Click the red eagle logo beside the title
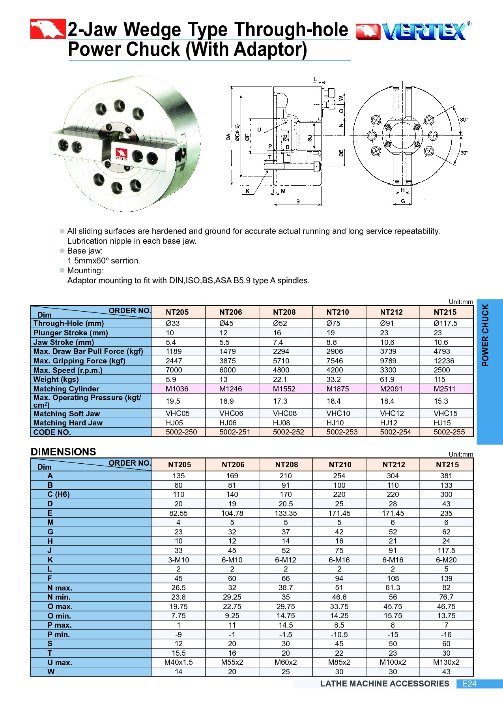[48, 29]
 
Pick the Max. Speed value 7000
[174, 370]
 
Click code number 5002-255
[449, 432]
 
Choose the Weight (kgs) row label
[56, 380]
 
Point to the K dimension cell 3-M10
[178, 560]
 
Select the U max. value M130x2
[446, 662]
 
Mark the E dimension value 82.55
[178, 513]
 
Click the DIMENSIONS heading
[64, 452]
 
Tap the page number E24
[469, 684]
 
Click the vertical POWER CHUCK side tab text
[485, 335]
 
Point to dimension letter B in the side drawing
[298, 201]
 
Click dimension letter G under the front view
[403, 201]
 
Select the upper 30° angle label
[464, 119]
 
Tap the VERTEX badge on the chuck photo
[122, 154]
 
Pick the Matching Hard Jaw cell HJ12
[389, 423]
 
